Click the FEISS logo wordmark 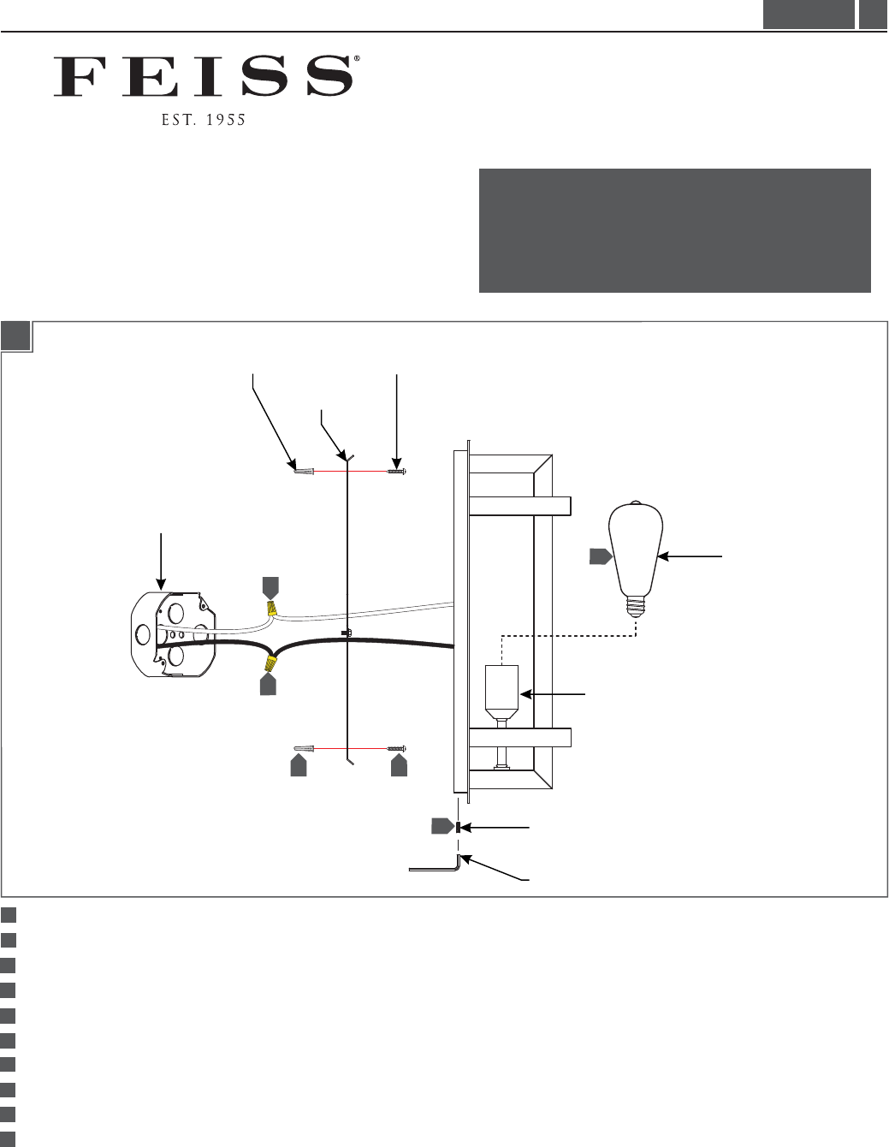tap(203, 76)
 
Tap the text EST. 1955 tap(204, 121)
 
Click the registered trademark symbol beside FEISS tap(356, 59)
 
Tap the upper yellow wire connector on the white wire tap(271, 609)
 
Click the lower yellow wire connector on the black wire tap(270, 664)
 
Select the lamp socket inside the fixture tap(501, 692)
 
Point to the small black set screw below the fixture tap(459, 827)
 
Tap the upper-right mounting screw tap(396, 471)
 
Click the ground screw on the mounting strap tap(347, 633)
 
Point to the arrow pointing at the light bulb tap(690, 556)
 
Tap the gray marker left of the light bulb tap(601, 556)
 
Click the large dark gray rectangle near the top tap(674, 230)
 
